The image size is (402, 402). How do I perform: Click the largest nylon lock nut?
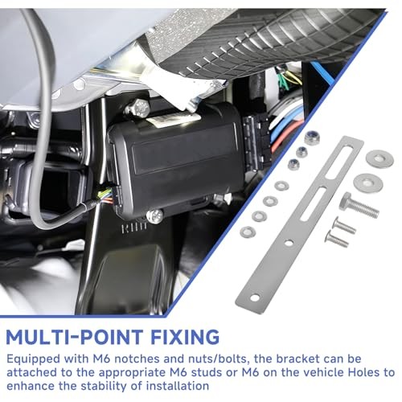point(312,137)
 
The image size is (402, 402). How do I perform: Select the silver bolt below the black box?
point(154,215)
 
